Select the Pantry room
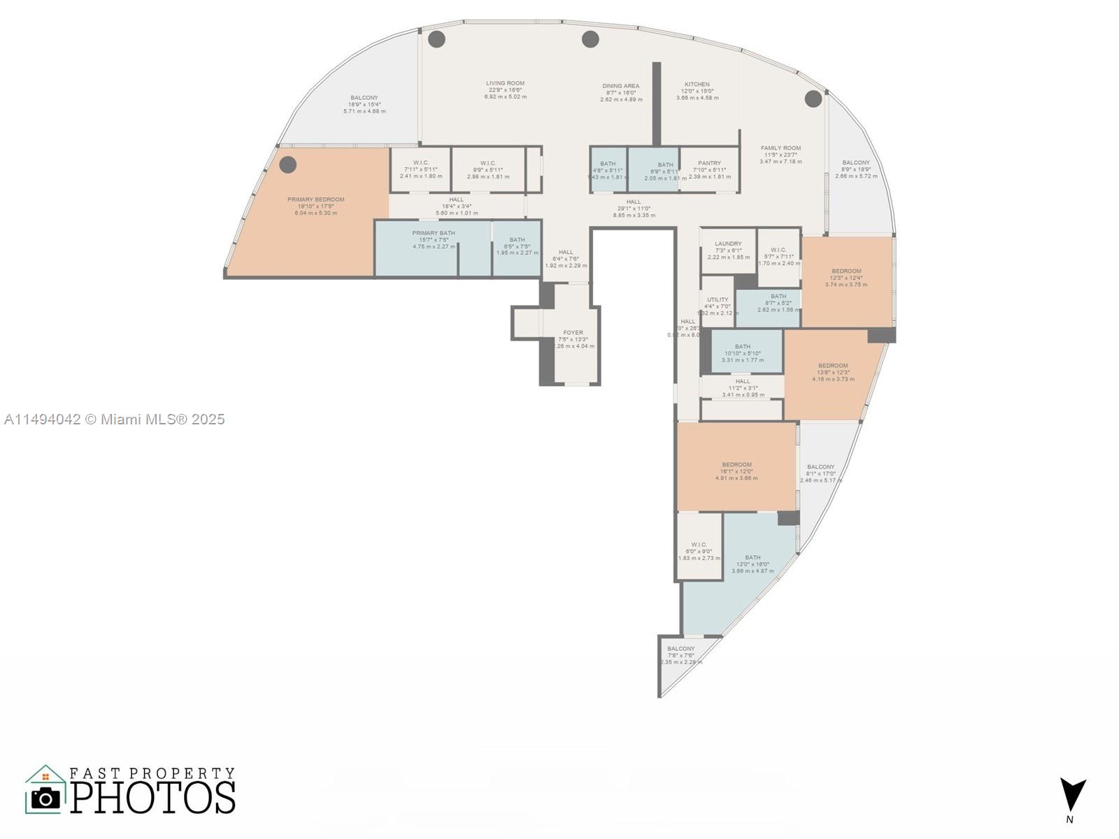709,169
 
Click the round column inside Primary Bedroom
288,165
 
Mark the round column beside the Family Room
813,99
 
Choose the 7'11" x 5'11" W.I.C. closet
420,169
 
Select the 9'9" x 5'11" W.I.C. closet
487,169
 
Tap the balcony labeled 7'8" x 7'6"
680,655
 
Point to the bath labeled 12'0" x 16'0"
753,564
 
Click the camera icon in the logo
46,798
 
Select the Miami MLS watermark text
114,419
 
